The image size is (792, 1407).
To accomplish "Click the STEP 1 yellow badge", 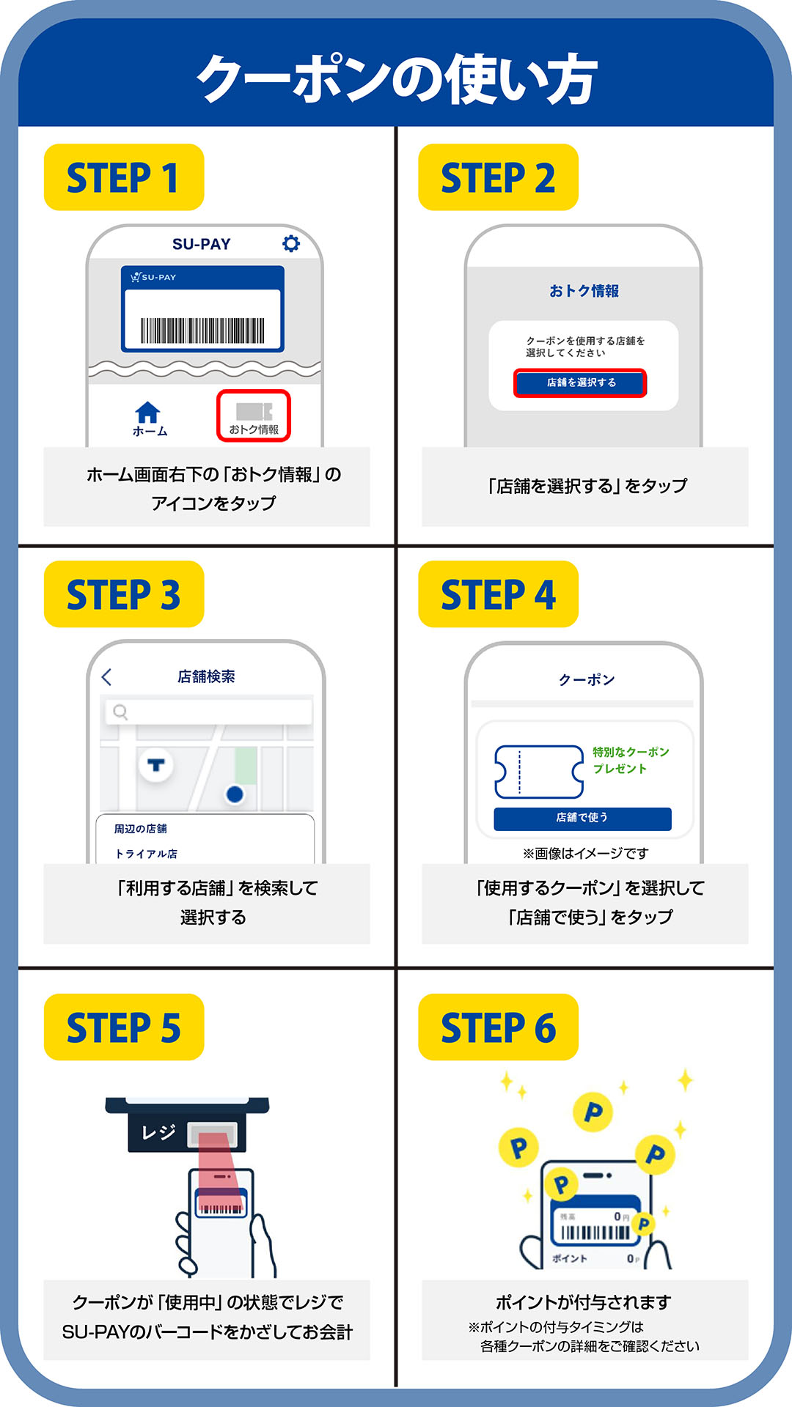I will tap(123, 177).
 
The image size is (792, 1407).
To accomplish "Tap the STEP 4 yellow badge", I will tap(498, 594).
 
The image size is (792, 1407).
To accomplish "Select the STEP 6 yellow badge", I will tap(498, 1027).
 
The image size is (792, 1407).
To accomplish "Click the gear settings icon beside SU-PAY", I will tap(291, 243).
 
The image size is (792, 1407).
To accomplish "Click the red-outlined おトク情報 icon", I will tap(254, 416).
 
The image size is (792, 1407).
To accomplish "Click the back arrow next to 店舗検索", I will tap(107, 676).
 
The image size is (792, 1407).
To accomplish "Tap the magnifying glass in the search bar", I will tap(120, 712).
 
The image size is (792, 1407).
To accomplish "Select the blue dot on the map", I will tap(235, 794).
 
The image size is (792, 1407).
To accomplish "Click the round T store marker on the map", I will tap(155, 766).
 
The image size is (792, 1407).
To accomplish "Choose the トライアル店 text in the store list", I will tap(146, 854).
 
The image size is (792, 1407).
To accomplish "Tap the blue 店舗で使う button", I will tap(582, 818).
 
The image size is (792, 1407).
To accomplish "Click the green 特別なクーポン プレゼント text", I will tap(630, 760).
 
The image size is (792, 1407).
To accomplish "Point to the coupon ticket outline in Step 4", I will tap(539, 772).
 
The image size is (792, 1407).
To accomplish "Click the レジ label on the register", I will tap(158, 1132).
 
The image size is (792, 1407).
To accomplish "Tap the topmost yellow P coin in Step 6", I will tap(593, 1112).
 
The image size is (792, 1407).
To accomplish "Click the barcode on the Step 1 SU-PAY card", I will tap(202, 330).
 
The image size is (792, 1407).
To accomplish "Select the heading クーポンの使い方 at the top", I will tap(396, 78).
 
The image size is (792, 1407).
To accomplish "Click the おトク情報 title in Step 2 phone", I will tap(584, 291).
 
